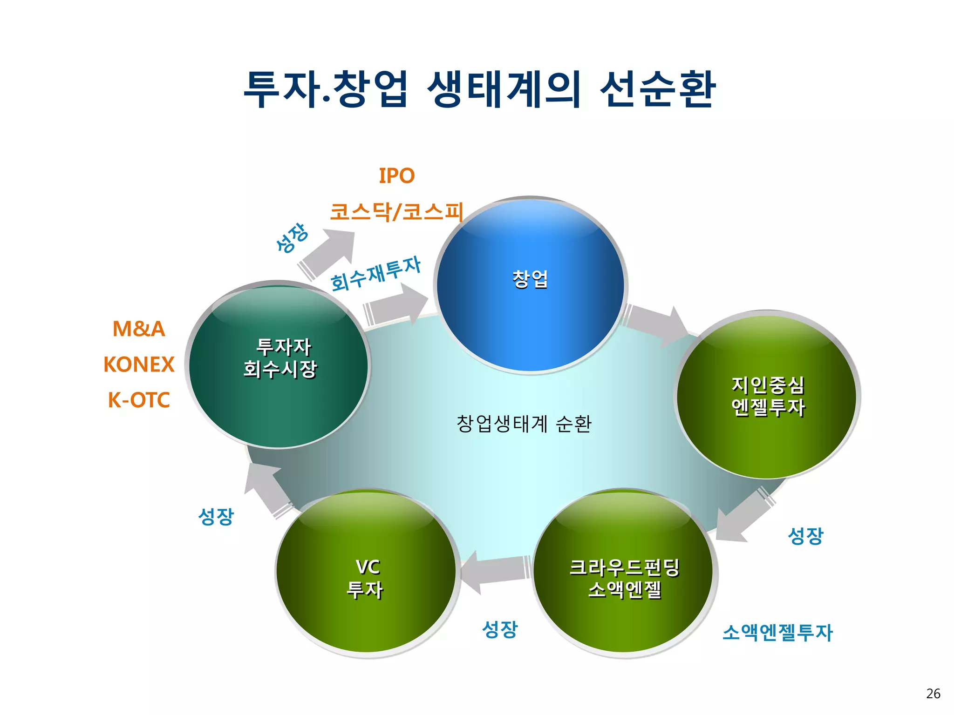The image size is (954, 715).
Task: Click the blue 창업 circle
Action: [530, 285]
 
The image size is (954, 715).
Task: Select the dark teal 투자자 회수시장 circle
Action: [279, 365]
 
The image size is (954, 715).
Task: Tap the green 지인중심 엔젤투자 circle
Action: [767, 396]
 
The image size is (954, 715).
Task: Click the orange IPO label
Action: [396, 176]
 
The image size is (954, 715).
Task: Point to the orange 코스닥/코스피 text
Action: [396, 212]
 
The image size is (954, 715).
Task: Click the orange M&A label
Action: [138, 329]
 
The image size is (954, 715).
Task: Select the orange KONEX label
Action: [139, 364]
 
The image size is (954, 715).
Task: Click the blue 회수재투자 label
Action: [375, 274]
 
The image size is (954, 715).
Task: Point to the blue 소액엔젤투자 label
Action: [777, 633]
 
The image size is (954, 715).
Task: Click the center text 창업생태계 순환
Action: [524, 424]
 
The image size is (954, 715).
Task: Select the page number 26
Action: [933, 694]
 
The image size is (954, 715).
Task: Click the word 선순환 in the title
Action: [657, 89]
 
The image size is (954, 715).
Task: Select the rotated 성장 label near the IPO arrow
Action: [292, 238]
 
